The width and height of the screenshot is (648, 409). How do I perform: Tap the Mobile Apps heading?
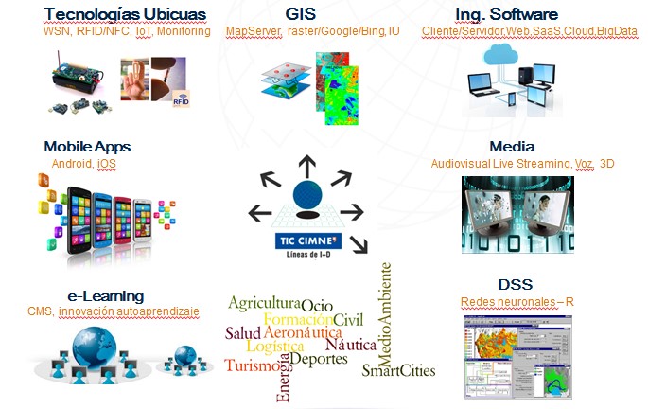[x=87, y=147]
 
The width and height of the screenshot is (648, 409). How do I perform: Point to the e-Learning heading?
[x=93, y=295]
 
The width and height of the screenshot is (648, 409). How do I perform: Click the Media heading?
[x=513, y=147]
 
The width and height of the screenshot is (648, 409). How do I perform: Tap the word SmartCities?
[x=398, y=370]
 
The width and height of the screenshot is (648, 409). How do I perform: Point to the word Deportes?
[x=319, y=359]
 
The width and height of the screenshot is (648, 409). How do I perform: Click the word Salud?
[x=242, y=333]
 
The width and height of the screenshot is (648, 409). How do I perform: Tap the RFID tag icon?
[x=182, y=98]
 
